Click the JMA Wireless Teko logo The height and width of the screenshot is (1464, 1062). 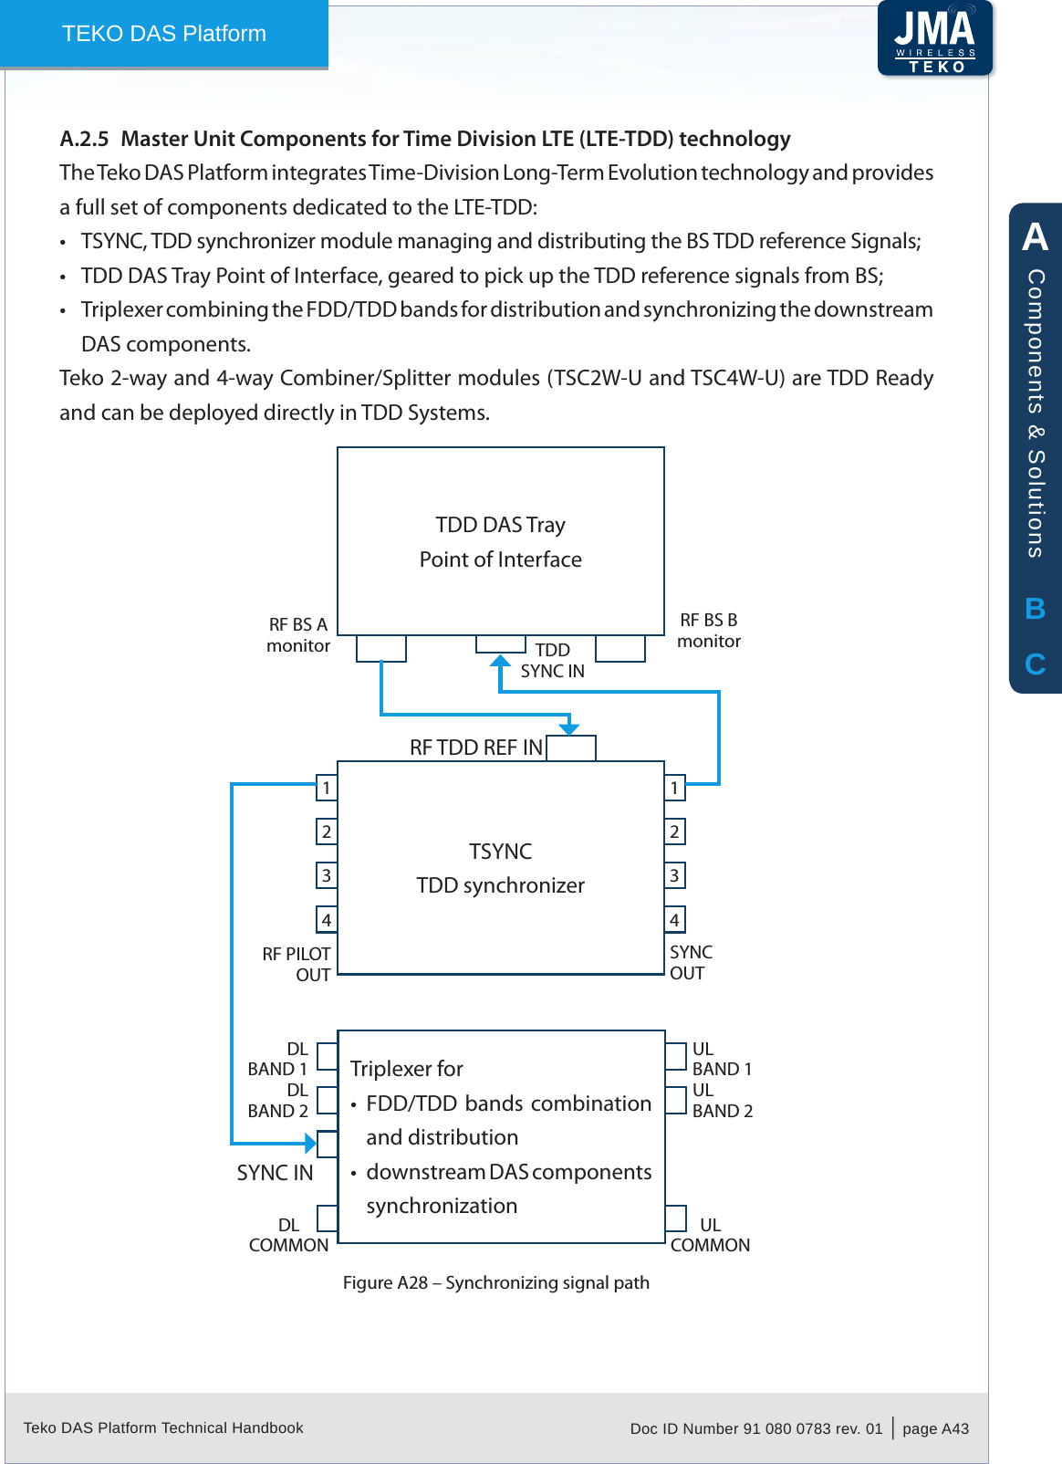point(935,38)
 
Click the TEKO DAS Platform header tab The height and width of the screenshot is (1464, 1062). point(164,34)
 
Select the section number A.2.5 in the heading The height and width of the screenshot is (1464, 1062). point(84,139)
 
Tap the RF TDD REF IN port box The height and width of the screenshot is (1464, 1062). point(571,748)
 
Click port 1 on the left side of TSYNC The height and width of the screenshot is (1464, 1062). point(327,788)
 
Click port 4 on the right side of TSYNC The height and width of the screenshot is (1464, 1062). point(674,920)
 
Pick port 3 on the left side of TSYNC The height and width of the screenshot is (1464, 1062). point(327,876)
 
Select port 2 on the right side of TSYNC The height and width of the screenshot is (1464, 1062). point(674,831)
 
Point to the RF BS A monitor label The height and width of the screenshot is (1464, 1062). point(298,635)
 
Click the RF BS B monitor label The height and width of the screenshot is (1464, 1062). point(709,631)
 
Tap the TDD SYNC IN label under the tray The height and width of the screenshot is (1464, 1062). point(552,660)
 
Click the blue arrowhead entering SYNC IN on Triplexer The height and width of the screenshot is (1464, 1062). point(310,1143)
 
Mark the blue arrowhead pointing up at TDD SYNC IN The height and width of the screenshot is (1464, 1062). point(500,662)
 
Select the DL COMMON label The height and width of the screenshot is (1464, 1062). point(288,1235)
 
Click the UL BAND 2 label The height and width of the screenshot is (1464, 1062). point(722,1101)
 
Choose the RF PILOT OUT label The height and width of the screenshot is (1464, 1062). point(297,964)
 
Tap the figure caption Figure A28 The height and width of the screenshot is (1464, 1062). point(495,1282)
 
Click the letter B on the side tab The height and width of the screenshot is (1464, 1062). point(1035,609)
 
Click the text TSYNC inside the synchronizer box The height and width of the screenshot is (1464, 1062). point(500,852)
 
